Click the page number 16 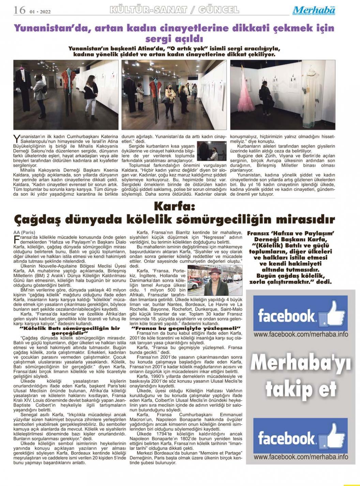(19, 10)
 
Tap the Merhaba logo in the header (314, 10)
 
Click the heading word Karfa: (174, 206)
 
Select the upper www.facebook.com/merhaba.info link (301, 334)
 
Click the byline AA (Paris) (24, 232)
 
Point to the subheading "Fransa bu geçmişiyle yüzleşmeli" (186, 328)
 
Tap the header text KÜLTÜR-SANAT (148, 10)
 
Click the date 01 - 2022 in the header (40, 12)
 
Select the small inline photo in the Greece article (212, 151)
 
